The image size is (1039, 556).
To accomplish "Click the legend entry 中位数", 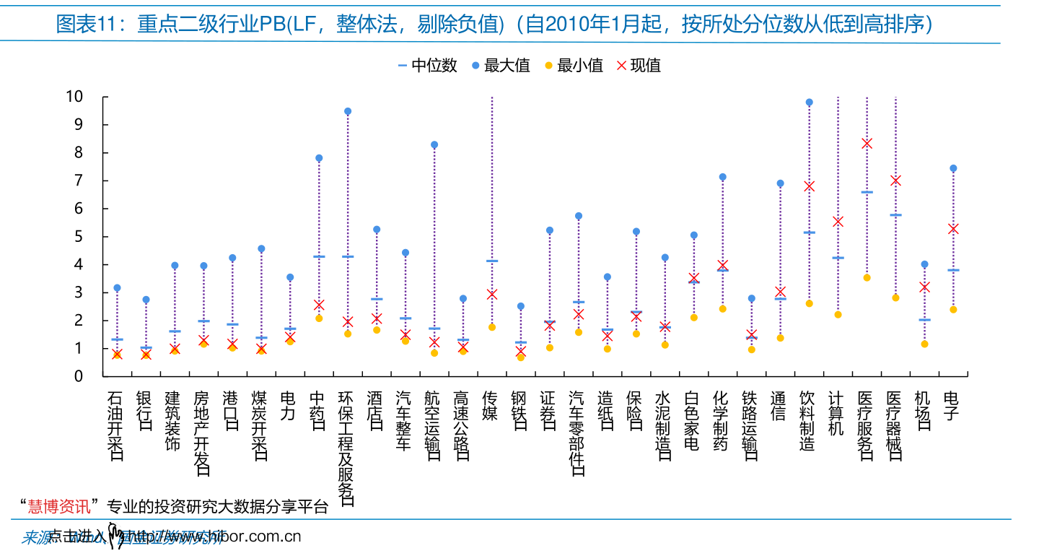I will coord(426,66).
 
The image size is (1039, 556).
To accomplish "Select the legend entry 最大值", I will coord(500,66).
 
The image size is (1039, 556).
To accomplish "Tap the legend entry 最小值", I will coord(573,66).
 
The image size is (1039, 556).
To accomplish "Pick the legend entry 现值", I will coord(639,66).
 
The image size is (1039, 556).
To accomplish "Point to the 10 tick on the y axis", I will coord(74,97).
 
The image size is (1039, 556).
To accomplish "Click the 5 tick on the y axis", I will coord(79,237).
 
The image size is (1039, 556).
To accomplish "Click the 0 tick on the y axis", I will coord(79,376).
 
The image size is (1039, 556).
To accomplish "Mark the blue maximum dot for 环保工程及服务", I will coord(348,112).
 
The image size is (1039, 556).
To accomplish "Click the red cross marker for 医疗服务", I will coord(867,144).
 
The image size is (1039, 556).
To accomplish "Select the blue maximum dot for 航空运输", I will coord(434,145).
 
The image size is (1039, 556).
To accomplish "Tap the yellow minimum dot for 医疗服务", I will coord(867,278).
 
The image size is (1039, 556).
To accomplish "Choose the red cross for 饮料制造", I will coord(809,186).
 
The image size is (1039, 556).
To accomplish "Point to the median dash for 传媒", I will coord(492,261).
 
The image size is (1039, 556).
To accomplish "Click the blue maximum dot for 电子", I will coord(953,168).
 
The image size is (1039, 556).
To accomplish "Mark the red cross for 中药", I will coord(319,305).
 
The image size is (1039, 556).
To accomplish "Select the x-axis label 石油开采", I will coord(115,426).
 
